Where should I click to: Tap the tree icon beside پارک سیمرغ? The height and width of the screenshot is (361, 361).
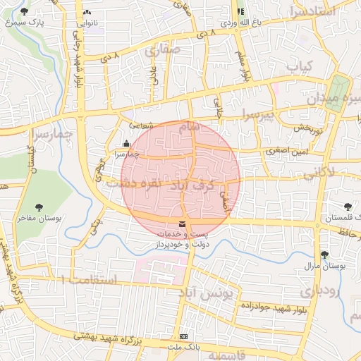tap(25, 11)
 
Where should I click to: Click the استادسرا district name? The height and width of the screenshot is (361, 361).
tap(317, 12)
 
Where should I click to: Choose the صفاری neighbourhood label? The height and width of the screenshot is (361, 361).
tap(163, 50)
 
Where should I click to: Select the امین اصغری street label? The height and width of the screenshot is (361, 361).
tap(288, 151)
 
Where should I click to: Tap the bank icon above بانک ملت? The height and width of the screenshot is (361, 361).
tap(183, 336)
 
